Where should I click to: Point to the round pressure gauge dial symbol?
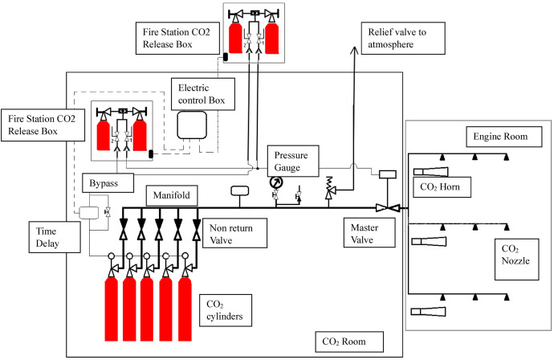pyautogui.click(x=275, y=182)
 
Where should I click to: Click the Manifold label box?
pyautogui.click(x=171, y=195)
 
